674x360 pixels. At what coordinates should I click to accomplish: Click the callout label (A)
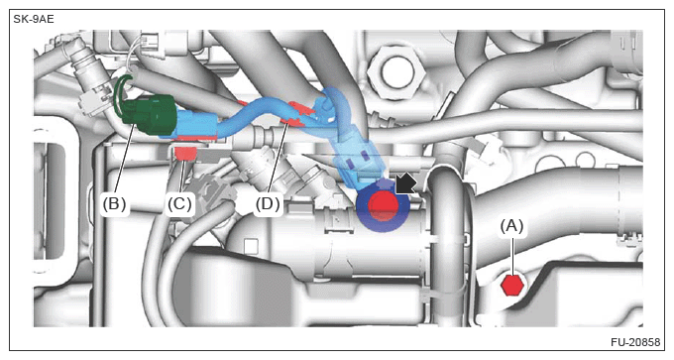coord(511,226)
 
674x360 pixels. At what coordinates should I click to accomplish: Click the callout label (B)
coord(114,203)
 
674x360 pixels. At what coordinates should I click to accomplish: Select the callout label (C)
coord(179,203)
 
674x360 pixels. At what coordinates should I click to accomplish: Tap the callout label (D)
coord(268,203)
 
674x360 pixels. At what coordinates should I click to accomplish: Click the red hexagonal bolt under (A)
coord(512,286)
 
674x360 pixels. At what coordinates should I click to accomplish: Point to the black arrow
coord(405,183)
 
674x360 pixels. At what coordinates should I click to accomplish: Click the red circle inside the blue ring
coord(384,205)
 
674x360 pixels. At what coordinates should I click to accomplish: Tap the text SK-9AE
coord(34,20)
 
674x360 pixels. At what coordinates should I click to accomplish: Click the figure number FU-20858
coord(635,342)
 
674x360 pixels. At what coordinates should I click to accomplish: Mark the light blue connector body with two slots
coord(358,162)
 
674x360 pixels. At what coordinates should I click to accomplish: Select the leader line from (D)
coord(279,159)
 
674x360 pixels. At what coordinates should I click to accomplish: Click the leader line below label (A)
coord(512,256)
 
